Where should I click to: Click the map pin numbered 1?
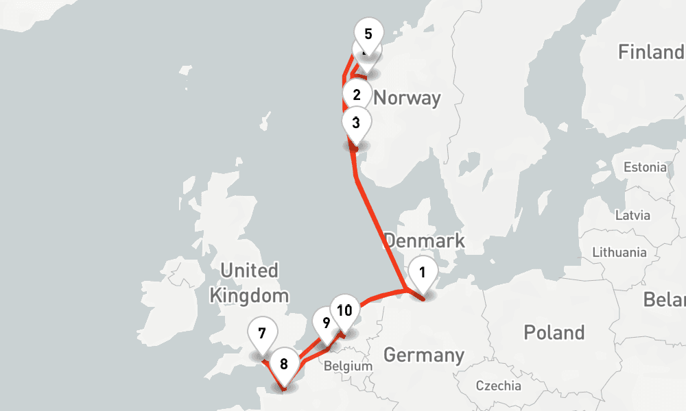423,273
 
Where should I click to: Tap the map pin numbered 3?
355,123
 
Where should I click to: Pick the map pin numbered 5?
368,34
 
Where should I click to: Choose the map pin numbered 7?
262,334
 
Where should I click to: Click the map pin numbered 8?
284,364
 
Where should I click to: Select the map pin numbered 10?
344,310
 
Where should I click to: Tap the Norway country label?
407,98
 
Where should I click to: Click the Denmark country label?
424,241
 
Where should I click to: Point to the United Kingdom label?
248,282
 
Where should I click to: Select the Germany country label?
423,355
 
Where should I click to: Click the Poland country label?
554,333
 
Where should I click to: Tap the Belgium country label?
348,366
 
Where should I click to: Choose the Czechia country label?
499,385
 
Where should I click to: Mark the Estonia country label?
644,167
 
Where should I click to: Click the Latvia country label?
632,215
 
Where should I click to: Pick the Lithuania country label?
619,252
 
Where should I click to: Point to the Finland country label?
650,52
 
